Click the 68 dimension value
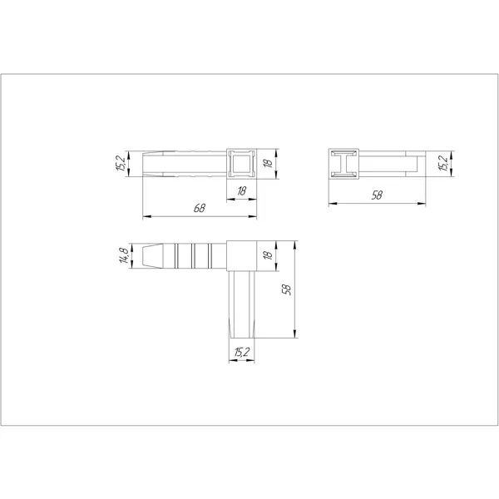click(x=200, y=208)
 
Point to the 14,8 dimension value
click(x=124, y=255)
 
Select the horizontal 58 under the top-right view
click(x=377, y=195)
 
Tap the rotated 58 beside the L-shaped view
click(x=287, y=289)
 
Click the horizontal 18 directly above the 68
click(x=241, y=191)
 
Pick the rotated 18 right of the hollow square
click(x=269, y=163)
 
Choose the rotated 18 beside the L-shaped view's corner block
click(x=269, y=255)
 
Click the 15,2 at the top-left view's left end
click(x=121, y=164)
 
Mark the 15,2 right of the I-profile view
click(x=443, y=163)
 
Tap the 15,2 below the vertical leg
click(x=242, y=353)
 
